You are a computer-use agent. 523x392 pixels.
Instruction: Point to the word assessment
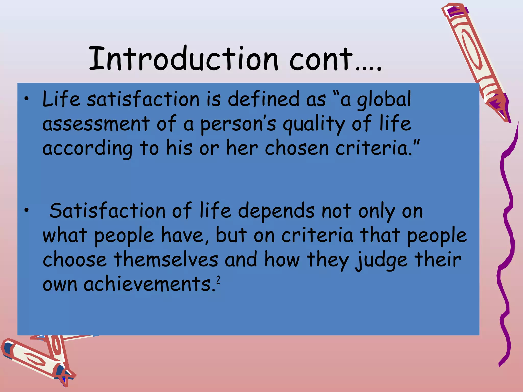click(96, 124)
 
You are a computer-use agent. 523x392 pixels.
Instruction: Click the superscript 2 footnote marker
click(218, 280)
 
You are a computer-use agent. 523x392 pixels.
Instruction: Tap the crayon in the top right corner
click(475, 59)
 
